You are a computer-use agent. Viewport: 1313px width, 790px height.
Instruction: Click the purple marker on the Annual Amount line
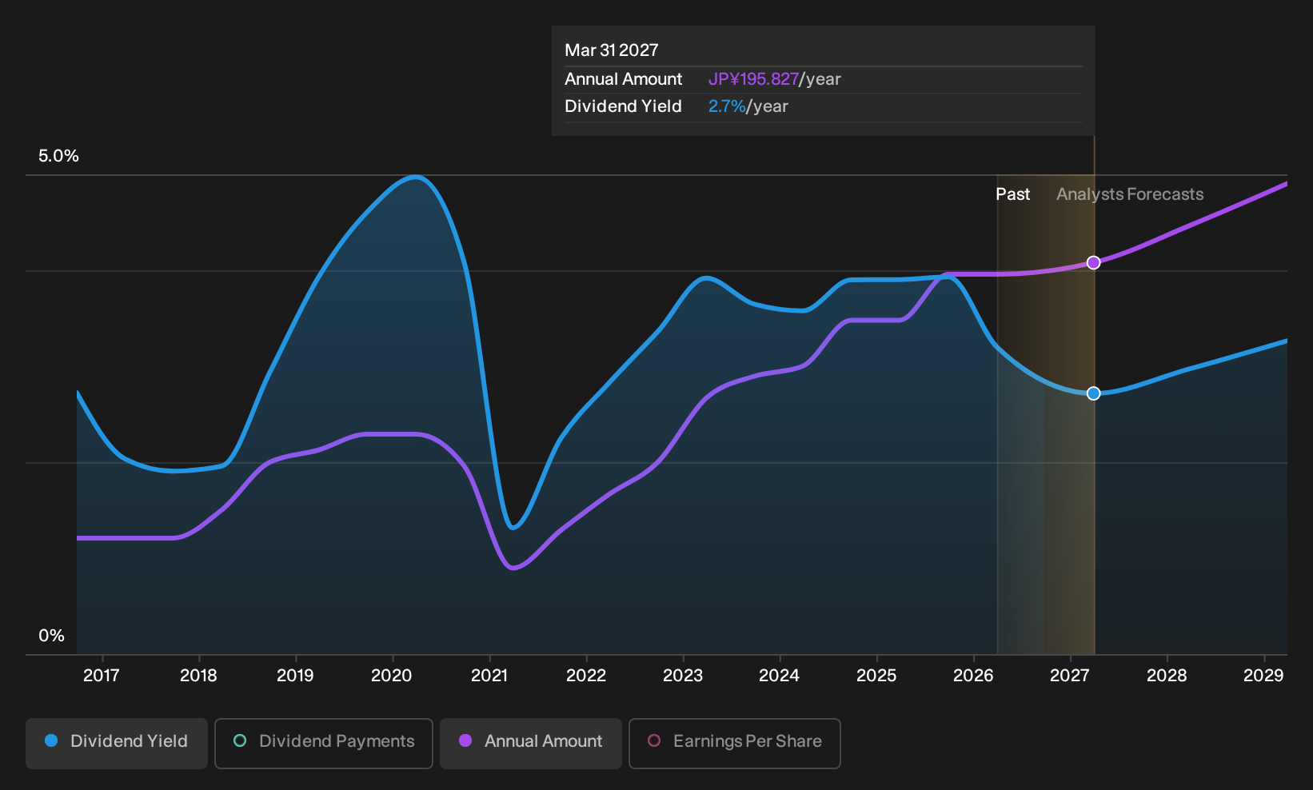pyautogui.click(x=1093, y=262)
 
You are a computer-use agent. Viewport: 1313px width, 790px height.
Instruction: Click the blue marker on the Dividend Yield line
pyautogui.click(x=1093, y=393)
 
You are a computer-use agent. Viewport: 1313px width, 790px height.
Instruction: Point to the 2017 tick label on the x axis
pyautogui.click(x=102, y=676)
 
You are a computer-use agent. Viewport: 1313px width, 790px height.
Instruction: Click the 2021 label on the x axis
pyautogui.click(x=489, y=676)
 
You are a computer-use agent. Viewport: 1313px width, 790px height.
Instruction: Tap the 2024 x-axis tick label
pyautogui.click(x=780, y=676)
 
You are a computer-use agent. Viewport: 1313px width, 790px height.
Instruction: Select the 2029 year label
pyautogui.click(x=1263, y=676)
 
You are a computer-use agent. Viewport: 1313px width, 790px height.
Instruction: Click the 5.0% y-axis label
pyautogui.click(x=58, y=156)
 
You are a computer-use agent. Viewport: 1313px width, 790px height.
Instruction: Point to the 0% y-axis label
pyautogui.click(x=52, y=636)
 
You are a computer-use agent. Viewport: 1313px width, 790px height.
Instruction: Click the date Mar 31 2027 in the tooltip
pyautogui.click(x=612, y=50)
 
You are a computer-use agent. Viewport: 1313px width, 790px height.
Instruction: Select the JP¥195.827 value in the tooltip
pyautogui.click(x=753, y=79)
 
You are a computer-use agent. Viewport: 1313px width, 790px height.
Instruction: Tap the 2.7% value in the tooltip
pyautogui.click(x=727, y=106)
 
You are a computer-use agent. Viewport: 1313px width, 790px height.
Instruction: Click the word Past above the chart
pyautogui.click(x=1013, y=194)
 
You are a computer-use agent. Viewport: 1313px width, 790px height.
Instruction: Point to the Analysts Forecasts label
pyautogui.click(x=1130, y=194)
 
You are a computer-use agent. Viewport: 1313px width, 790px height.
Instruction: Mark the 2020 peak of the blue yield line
pyautogui.click(x=416, y=177)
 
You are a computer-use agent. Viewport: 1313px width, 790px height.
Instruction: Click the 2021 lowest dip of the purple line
pyautogui.click(x=513, y=567)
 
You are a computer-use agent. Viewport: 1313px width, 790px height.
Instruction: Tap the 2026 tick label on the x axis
pyautogui.click(x=974, y=676)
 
